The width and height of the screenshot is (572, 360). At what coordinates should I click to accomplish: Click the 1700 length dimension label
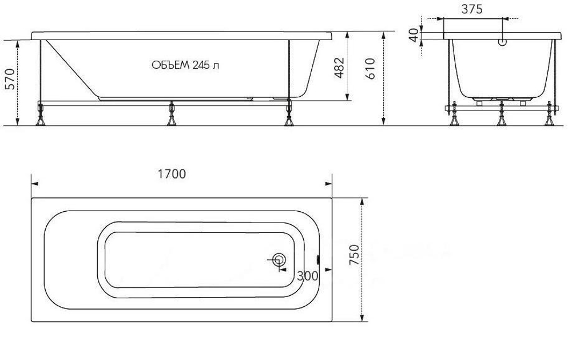click(x=172, y=174)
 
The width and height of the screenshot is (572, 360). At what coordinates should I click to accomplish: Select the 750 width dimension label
click(x=354, y=255)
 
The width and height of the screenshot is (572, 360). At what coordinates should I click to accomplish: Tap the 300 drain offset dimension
click(x=308, y=276)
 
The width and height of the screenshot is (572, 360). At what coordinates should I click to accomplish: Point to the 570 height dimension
click(x=10, y=78)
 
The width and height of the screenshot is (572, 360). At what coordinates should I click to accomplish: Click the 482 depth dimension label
click(x=339, y=68)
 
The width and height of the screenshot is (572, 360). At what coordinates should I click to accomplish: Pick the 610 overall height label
click(x=370, y=69)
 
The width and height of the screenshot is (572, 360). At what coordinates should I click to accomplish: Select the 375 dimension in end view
click(x=472, y=9)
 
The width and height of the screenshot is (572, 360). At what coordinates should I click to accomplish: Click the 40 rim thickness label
click(x=414, y=35)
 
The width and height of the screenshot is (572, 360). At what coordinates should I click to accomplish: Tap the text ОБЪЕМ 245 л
click(x=185, y=65)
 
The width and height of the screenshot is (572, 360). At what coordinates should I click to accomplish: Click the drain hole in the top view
click(x=279, y=260)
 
